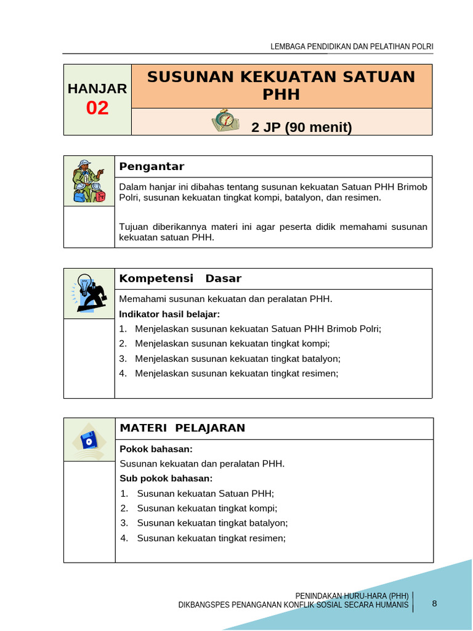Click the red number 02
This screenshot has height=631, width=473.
(x=97, y=108)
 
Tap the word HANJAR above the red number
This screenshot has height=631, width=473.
(x=97, y=89)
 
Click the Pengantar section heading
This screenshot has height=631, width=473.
(x=152, y=166)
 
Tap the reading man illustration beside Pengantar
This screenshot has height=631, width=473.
(x=89, y=181)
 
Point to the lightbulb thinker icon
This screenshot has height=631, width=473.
(x=89, y=293)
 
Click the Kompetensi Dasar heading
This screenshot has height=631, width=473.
(x=180, y=279)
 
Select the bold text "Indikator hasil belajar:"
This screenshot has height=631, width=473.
(x=169, y=314)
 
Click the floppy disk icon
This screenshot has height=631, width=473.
(x=89, y=441)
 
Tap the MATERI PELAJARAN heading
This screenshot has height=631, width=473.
(x=182, y=428)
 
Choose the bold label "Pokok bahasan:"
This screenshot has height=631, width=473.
(x=156, y=449)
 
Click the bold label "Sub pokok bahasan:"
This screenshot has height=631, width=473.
(x=166, y=479)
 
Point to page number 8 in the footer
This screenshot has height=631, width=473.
(x=434, y=603)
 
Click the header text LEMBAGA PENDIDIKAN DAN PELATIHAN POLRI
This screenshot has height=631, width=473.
(x=352, y=47)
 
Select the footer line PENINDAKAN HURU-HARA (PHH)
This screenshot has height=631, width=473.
(x=352, y=596)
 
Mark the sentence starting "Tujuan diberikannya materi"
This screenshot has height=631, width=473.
(x=273, y=232)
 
